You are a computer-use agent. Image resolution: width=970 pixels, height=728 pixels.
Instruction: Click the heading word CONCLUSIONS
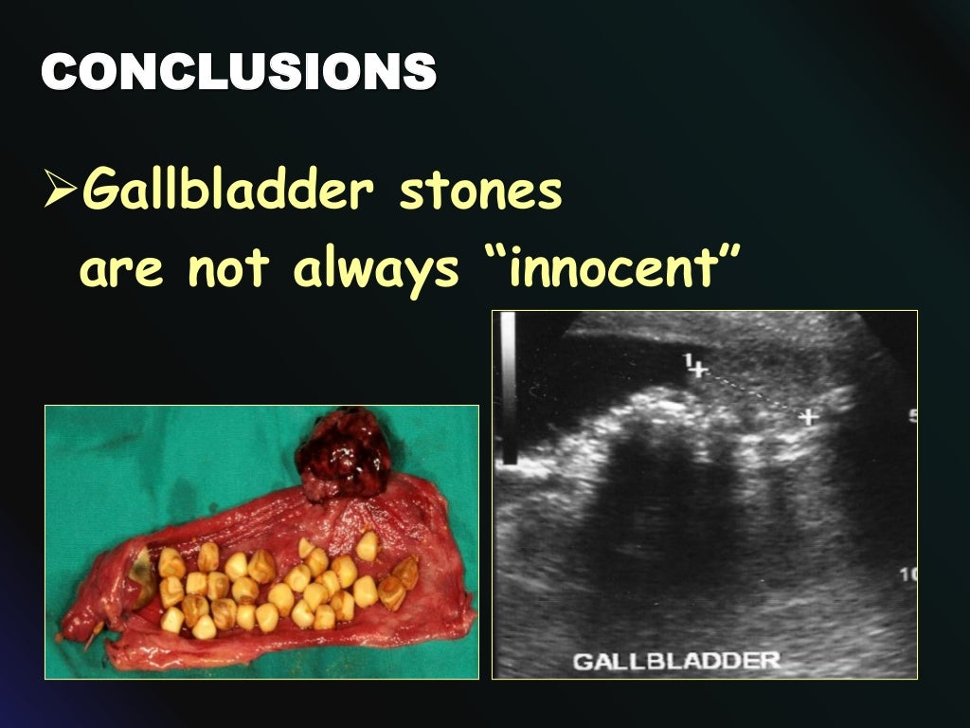(x=239, y=72)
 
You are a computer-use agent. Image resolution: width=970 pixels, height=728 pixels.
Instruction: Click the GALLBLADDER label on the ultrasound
(x=675, y=660)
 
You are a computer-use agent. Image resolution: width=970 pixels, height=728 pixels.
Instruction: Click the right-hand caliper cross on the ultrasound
(x=808, y=416)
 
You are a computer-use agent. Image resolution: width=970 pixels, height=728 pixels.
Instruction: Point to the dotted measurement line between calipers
(x=754, y=393)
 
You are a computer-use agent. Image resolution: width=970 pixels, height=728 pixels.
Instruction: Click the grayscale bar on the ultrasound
(x=509, y=389)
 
